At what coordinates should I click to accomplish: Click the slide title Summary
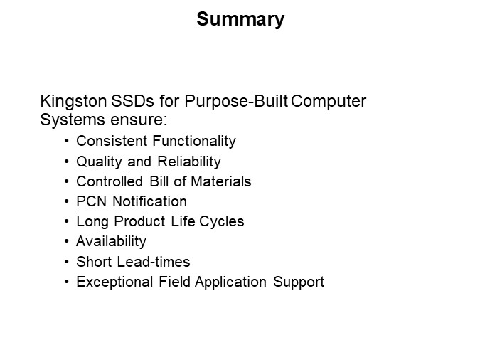pos(240,19)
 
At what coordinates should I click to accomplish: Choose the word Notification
pos(147,201)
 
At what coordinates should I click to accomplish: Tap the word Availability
pos(111,241)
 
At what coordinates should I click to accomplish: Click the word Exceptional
pos(110,282)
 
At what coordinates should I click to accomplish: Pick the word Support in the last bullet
pos(300,282)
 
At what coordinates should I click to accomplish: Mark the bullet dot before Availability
pos(67,242)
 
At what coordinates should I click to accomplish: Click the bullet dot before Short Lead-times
pos(67,262)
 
